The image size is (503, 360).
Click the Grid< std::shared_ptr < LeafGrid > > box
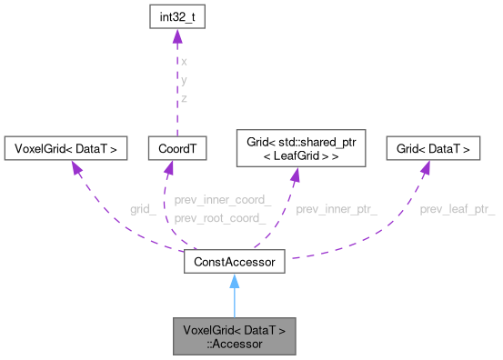click(x=299, y=146)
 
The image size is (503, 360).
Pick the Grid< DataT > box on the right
click(x=433, y=146)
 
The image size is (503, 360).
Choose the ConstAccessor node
click(x=236, y=262)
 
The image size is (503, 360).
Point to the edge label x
click(x=185, y=62)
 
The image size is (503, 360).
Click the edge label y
click(x=185, y=80)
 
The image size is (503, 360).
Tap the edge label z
click(x=185, y=97)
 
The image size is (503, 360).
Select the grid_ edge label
click(x=143, y=209)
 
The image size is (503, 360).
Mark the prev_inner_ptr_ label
click(x=337, y=209)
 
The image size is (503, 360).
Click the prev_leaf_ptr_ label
click(x=457, y=209)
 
